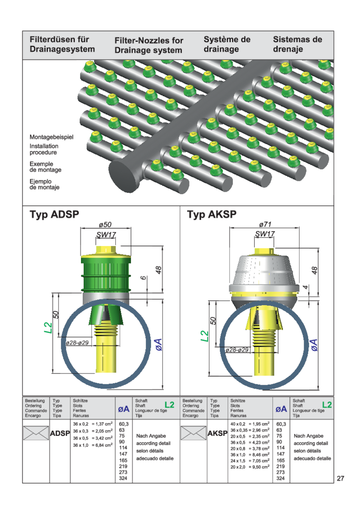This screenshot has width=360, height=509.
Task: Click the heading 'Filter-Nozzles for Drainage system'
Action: click(x=149, y=45)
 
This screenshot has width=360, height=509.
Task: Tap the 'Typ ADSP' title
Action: click(x=54, y=215)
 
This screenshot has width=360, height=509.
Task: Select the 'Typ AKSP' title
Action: click(x=212, y=215)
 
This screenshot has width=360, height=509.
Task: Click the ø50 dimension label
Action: click(x=105, y=225)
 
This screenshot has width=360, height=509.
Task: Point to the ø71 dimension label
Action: click(x=265, y=225)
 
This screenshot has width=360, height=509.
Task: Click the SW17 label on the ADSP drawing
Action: click(x=106, y=235)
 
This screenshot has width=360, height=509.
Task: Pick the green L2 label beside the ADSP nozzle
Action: click(x=48, y=327)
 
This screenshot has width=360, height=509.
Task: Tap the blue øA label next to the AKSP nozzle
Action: click(x=314, y=345)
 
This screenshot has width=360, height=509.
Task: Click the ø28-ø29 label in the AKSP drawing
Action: click(x=237, y=350)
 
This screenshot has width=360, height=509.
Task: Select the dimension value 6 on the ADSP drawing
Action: click(x=143, y=278)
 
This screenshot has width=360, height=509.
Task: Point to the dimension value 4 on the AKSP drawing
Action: click(x=305, y=287)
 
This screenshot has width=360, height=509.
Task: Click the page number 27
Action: click(x=340, y=478)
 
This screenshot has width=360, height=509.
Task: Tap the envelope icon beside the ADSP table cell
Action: click(x=36, y=433)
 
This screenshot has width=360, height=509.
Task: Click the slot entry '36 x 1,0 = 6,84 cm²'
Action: click(x=93, y=445)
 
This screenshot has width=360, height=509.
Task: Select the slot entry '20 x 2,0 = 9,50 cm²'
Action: click(x=250, y=467)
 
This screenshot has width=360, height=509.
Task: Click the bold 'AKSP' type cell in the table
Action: click(x=217, y=434)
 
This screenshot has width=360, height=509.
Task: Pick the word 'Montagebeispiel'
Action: click(x=52, y=137)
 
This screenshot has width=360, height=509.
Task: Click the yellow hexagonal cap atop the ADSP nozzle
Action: click(x=106, y=250)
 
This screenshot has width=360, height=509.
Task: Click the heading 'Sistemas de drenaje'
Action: click(x=297, y=44)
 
